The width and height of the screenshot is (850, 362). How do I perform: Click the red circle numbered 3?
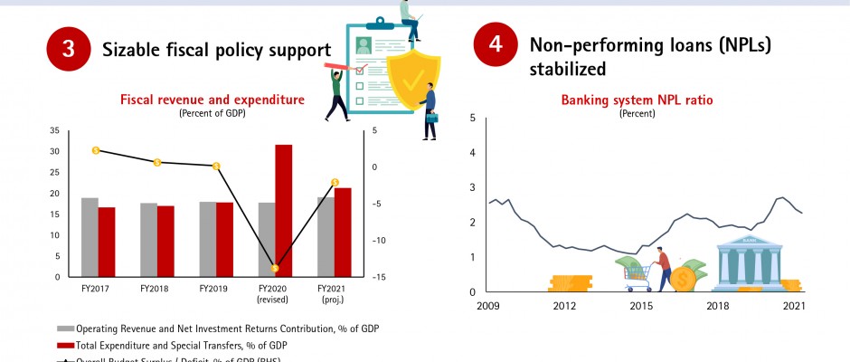[68, 49]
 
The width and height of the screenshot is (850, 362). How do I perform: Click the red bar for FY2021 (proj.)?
[342, 232]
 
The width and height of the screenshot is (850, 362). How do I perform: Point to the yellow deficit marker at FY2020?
[275, 268]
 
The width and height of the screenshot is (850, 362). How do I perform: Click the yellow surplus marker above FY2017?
[96, 150]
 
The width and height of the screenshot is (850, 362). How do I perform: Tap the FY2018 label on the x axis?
[156, 288]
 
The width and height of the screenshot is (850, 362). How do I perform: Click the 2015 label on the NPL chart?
[641, 307]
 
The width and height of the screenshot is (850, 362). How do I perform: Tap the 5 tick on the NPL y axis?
[471, 118]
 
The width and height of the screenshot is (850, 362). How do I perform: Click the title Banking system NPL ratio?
[637, 100]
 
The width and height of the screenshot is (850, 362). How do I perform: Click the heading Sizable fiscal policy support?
[216, 50]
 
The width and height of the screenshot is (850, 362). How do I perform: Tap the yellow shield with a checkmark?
[414, 81]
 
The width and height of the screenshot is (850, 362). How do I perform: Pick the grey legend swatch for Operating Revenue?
[65, 329]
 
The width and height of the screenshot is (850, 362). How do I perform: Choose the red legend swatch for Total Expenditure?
[65, 345]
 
